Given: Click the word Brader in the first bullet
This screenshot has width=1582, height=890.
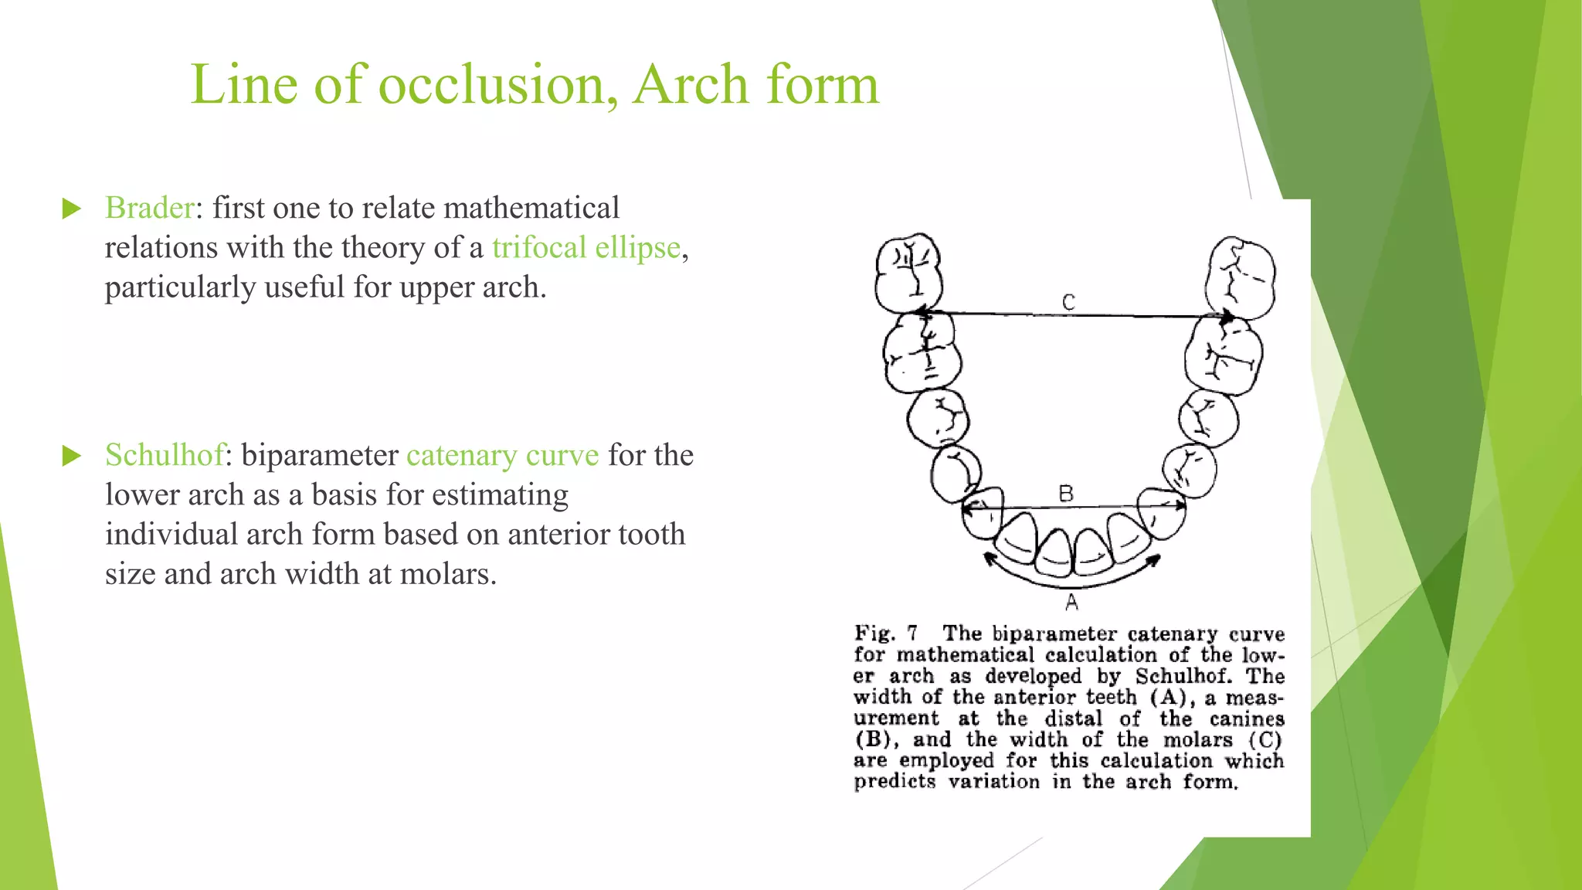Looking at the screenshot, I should (149, 208).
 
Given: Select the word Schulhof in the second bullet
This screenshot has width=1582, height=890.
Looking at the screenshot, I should (165, 455).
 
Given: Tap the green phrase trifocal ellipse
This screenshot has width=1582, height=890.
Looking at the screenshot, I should (586, 248).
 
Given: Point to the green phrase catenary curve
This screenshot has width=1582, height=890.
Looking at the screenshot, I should (502, 455).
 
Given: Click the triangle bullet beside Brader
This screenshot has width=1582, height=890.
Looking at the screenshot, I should (72, 209).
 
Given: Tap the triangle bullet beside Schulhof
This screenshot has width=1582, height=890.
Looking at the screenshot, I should (72, 456).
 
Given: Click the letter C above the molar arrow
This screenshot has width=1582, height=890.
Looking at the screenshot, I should (1068, 302).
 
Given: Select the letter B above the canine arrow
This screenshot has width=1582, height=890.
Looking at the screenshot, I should (1066, 494).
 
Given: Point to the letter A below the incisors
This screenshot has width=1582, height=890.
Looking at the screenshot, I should (1071, 603).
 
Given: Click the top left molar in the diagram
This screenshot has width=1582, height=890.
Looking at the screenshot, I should (909, 273).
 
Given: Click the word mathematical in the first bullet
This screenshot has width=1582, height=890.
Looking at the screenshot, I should (531, 208).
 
